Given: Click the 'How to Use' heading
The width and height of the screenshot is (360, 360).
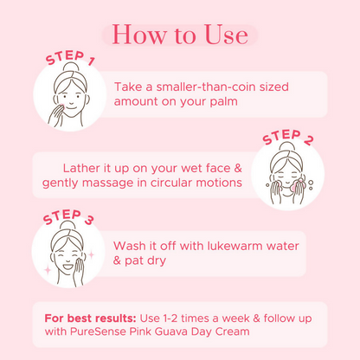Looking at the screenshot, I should click(179, 35).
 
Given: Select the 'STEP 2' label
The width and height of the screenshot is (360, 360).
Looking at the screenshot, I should click(288, 138).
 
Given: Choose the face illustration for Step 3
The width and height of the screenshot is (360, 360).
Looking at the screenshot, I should click(67, 252).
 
